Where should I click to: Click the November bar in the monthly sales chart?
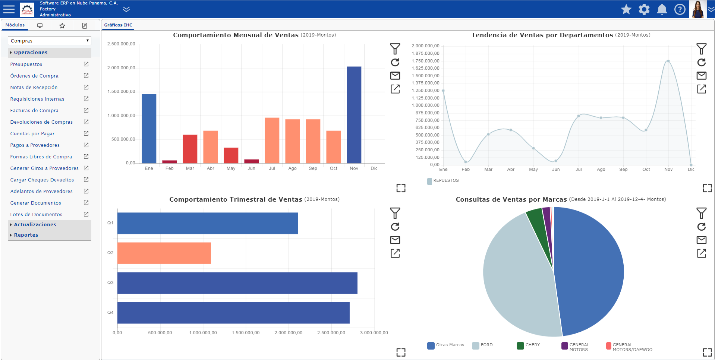pyautogui.click(x=354, y=115)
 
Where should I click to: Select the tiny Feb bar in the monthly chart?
pyautogui.click(x=170, y=162)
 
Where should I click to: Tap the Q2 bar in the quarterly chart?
pyautogui.click(x=164, y=253)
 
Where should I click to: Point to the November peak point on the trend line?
pyautogui.click(x=668, y=61)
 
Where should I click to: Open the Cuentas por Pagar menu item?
pyautogui.click(x=32, y=134)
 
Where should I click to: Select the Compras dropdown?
pyautogui.click(x=49, y=41)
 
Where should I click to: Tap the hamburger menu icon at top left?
pyautogui.click(x=9, y=9)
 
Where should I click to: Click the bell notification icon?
pyautogui.click(x=662, y=9)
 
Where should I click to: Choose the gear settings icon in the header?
pyautogui.click(x=644, y=9)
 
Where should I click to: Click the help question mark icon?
pyautogui.click(x=680, y=9)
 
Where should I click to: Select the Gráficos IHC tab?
pyautogui.click(x=118, y=25)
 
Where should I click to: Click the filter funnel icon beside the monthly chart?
pyautogui.click(x=395, y=49)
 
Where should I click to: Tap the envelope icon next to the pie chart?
pyautogui.click(x=702, y=240)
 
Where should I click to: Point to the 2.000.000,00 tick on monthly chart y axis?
pyautogui.click(x=121, y=68)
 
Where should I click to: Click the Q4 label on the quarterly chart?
pyautogui.click(x=110, y=313)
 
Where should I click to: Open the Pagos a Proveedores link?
pyautogui.click(x=35, y=145)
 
